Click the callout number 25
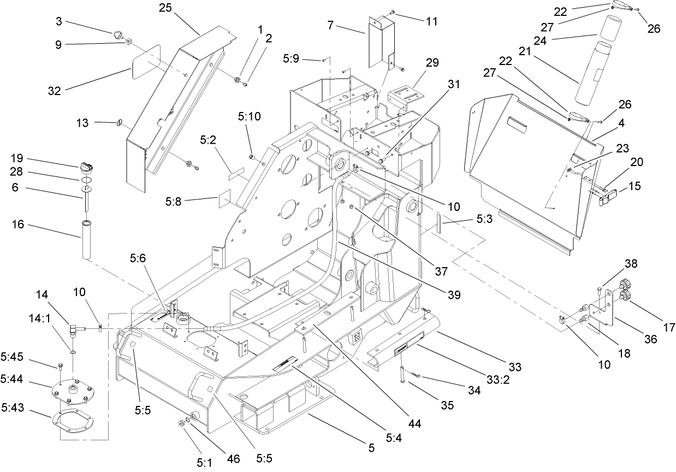click(x=164, y=8)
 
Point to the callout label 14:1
click(x=41, y=332)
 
